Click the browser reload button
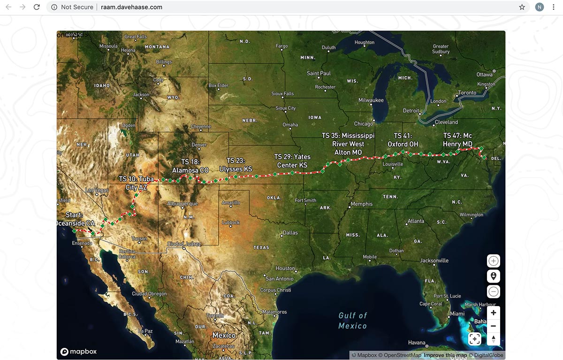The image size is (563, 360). click(37, 7)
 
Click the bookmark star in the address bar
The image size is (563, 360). click(522, 7)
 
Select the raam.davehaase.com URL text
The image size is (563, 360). click(131, 7)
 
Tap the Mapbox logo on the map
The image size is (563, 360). click(78, 352)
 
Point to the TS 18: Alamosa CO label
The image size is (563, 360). click(190, 166)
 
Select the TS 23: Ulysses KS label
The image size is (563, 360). click(236, 165)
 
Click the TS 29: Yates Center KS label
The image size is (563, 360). click(292, 161)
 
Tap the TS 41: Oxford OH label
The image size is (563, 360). click(403, 140)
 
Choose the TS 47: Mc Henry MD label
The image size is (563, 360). click(457, 140)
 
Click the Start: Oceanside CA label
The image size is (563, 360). click(75, 219)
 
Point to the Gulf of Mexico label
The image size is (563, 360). click(353, 321)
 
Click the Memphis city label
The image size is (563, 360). click(361, 204)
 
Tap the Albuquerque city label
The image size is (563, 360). click(183, 204)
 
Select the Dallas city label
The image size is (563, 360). click(290, 233)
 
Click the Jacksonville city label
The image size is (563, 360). click(434, 260)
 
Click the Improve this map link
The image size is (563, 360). click(445, 355)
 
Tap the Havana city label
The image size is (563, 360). click(417, 342)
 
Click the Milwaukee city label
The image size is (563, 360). click(371, 100)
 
